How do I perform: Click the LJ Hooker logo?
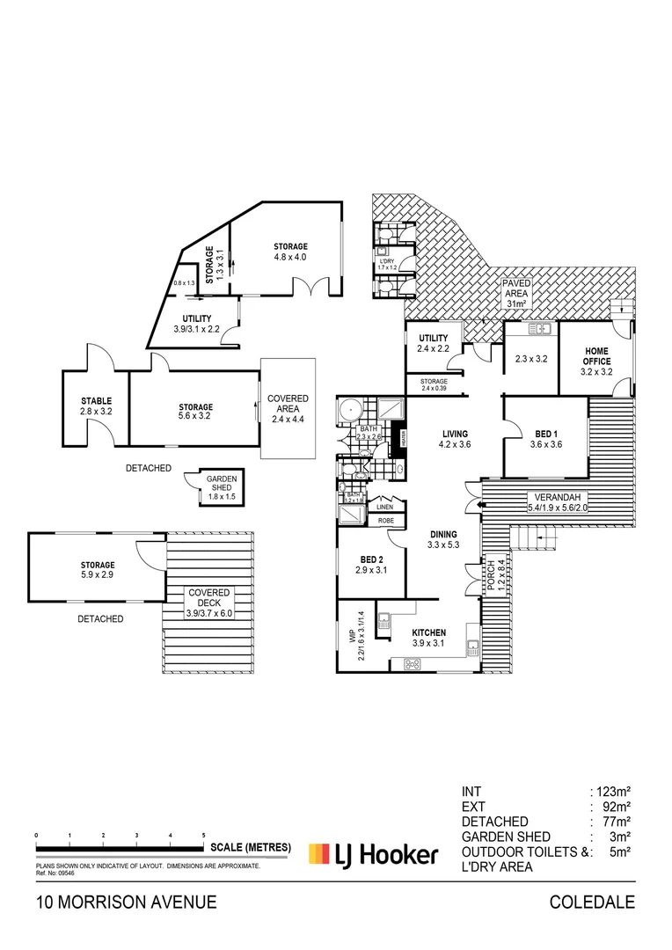point(372,853)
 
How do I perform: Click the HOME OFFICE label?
point(596,356)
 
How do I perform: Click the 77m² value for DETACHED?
point(618,821)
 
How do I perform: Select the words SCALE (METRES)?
point(251,847)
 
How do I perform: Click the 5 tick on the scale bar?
point(204,835)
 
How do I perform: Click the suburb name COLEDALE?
point(591,902)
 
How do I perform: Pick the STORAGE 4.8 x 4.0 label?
point(290,252)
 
